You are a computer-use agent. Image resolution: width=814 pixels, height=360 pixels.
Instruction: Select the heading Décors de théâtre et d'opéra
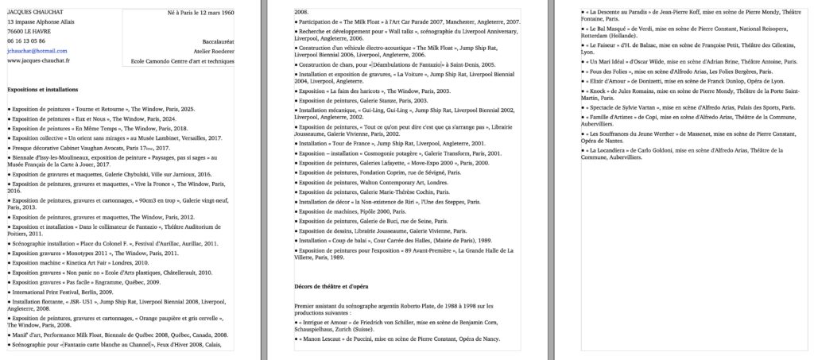(332, 285)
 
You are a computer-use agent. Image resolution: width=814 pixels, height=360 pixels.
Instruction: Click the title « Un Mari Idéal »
(613, 60)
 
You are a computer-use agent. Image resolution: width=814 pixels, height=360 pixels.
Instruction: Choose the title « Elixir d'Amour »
(613, 81)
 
